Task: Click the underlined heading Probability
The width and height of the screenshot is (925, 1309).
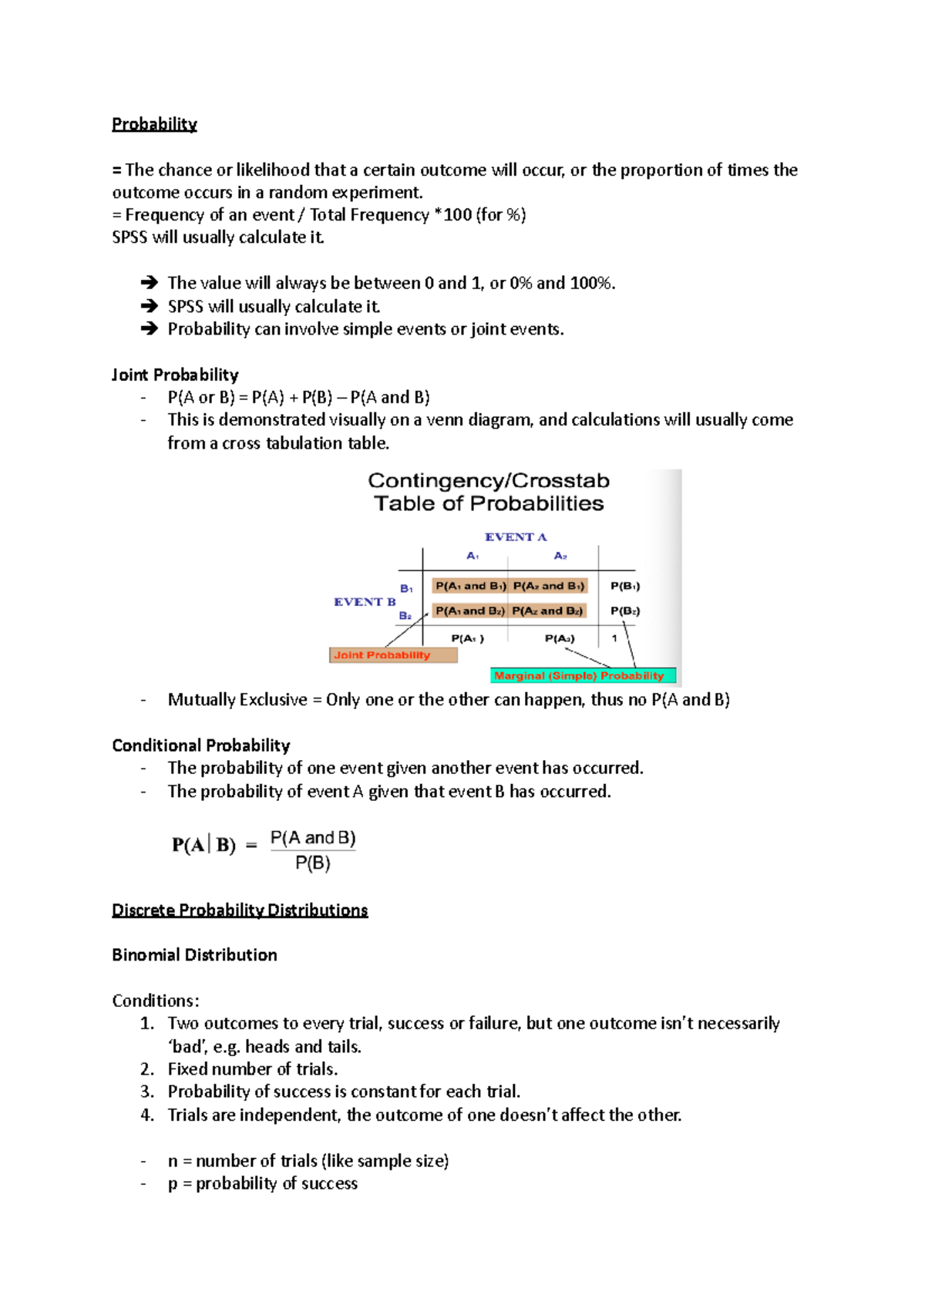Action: pos(154,124)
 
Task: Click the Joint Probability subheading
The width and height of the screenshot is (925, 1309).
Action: pos(175,375)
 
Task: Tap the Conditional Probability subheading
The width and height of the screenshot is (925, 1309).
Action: pos(200,745)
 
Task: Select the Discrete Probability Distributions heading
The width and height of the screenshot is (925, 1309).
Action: pos(240,910)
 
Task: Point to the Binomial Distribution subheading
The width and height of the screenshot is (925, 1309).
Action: pos(194,955)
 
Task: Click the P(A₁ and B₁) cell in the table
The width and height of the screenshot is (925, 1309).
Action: pos(470,586)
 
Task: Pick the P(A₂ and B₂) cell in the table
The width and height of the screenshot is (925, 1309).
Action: pos(548,611)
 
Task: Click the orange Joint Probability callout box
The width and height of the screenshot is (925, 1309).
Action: pos(393,655)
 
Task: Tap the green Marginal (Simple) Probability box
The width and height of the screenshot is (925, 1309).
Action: pos(583,676)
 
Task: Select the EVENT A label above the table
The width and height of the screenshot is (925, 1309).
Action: pos(516,537)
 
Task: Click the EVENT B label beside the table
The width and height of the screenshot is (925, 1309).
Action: pos(365,602)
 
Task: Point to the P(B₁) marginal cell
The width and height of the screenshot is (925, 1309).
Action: pos(625,586)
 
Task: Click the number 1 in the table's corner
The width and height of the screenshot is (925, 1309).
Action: pos(614,638)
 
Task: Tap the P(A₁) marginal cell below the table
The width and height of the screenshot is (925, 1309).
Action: pos(467,638)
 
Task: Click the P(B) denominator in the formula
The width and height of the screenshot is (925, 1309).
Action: pos(313,863)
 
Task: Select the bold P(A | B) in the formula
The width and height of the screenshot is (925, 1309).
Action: pos(203,846)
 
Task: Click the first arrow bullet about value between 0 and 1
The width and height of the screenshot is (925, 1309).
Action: pos(150,283)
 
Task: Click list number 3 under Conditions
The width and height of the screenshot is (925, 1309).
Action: pos(147,1092)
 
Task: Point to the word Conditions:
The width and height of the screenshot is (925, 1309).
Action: pos(156,1001)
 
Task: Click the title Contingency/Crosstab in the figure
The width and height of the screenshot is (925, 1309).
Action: pos(489,481)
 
